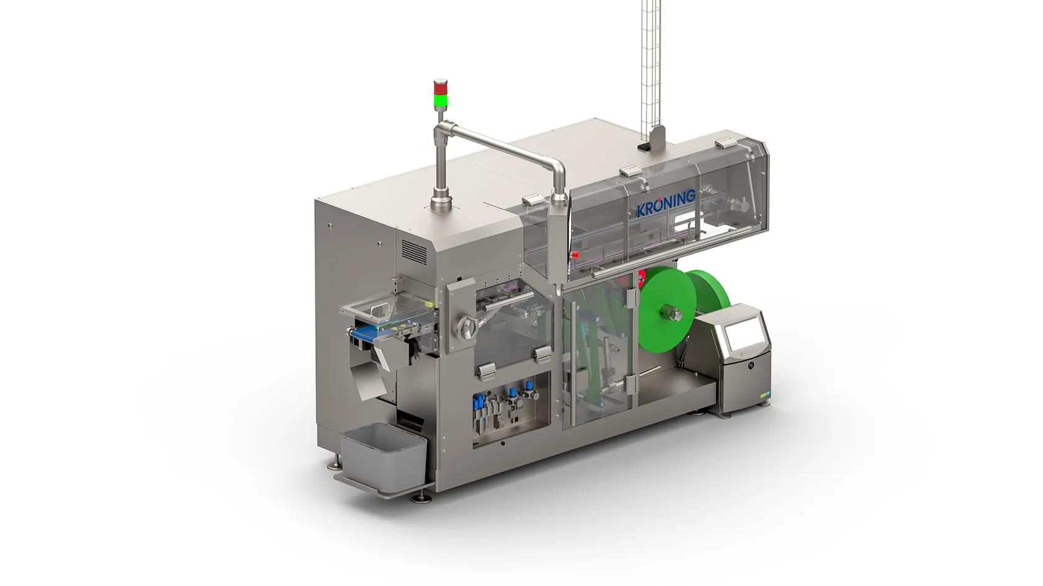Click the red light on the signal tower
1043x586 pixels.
click(x=440, y=87)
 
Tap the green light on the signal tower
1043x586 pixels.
click(x=440, y=99)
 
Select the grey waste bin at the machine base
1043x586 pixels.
click(x=383, y=451)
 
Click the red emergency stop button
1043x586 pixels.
click(x=576, y=255)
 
